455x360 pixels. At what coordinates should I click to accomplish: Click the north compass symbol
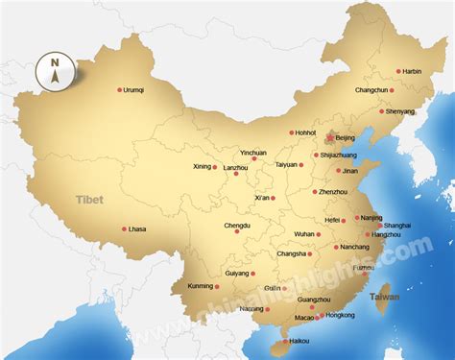point(55,71)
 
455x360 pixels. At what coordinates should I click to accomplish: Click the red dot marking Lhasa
point(124,228)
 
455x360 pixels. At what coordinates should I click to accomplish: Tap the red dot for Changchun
point(394,91)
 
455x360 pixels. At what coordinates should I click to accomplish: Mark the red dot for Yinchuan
point(254,158)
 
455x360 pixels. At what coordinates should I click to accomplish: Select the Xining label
point(201,166)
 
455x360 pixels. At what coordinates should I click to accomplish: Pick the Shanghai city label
point(397,226)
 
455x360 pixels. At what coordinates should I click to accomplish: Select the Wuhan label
point(304,233)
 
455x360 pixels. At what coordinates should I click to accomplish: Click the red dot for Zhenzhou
point(315,192)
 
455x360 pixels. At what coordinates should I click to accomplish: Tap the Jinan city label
point(350,171)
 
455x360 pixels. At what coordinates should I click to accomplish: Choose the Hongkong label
point(341,315)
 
